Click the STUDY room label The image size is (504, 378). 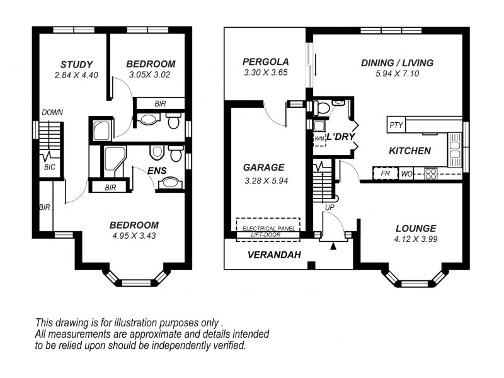76,65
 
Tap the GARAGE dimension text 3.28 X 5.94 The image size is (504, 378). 266,181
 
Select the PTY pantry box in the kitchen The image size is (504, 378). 396,125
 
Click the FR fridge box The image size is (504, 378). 386,174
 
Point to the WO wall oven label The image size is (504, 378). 406,175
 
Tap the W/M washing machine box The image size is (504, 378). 320,139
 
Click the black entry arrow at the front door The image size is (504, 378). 333,246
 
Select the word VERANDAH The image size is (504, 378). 274,255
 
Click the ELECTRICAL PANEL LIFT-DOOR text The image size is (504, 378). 268,231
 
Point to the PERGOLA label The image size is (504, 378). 265,62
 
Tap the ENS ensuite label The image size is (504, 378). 157,171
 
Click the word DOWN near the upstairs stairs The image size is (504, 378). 52,113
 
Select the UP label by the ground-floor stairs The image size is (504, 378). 329,208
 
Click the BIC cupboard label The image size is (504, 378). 50,167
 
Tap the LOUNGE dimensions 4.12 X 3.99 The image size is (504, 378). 416,239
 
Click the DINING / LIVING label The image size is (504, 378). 398,62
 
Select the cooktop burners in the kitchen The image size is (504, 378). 431,174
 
